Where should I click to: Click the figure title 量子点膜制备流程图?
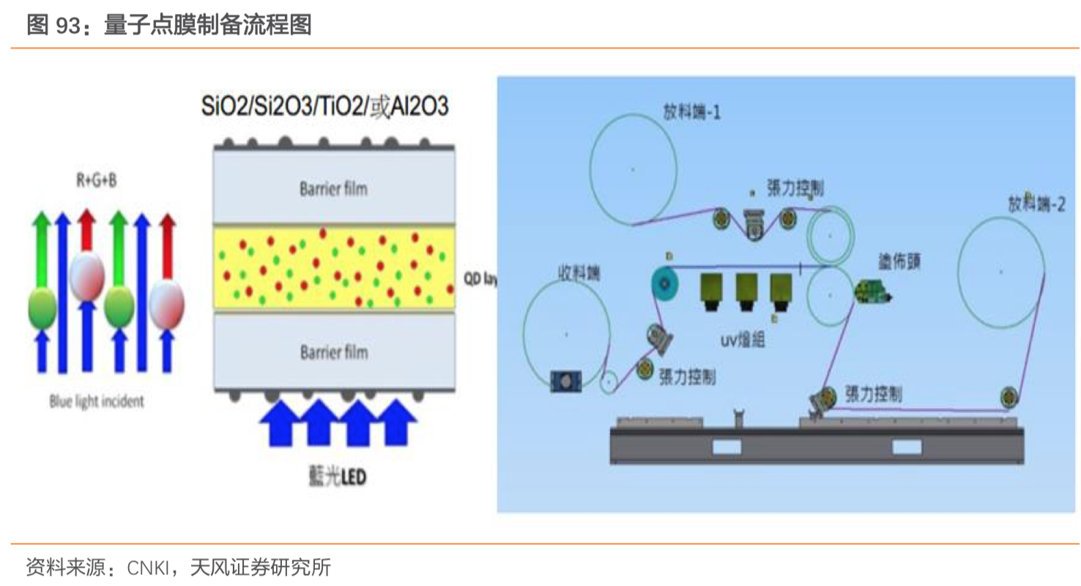208,25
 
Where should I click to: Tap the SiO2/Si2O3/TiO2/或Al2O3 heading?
324,107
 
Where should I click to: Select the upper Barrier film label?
333,189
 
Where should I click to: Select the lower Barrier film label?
333,352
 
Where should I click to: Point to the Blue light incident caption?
97,401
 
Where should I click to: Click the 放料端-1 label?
692,113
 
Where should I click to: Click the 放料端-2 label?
1036,204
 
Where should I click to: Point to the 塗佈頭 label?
899,262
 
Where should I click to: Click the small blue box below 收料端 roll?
566,379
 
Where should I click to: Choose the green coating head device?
872,292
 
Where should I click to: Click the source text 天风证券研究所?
260,567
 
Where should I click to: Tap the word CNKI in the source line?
149,567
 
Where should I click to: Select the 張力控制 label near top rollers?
795,188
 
